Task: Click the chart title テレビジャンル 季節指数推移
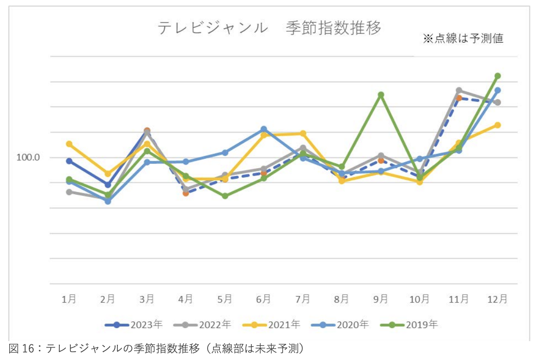click(x=270, y=29)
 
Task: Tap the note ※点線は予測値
click(x=463, y=39)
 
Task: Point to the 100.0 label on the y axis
click(x=28, y=157)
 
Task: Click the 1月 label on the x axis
click(x=69, y=299)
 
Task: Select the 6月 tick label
click(x=264, y=299)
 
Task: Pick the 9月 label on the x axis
click(x=381, y=299)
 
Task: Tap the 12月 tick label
click(x=497, y=299)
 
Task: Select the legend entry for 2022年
click(x=203, y=325)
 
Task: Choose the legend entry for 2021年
click(x=272, y=325)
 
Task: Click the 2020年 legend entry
click(x=341, y=325)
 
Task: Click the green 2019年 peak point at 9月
click(x=381, y=95)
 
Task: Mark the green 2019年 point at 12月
click(x=498, y=76)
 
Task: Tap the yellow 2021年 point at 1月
click(x=69, y=144)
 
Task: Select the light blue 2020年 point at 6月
click(x=264, y=129)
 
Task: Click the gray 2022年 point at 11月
click(x=459, y=90)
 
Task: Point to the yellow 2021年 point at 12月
click(x=498, y=125)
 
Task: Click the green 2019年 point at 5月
click(x=225, y=196)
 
